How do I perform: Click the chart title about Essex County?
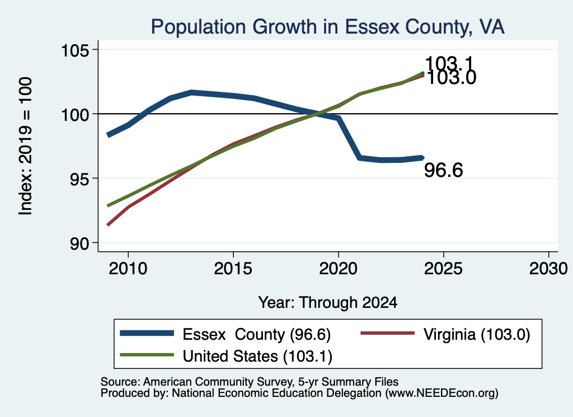pyautogui.click(x=327, y=27)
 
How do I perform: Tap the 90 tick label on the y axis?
pyautogui.click(x=80, y=243)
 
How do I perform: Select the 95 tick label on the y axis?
pyautogui.click(x=80, y=179)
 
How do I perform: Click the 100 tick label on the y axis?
pyautogui.click(x=76, y=115)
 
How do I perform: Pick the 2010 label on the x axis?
pyautogui.click(x=128, y=269)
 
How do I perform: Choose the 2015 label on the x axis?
pyautogui.click(x=233, y=269)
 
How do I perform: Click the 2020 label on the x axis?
pyautogui.click(x=338, y=269)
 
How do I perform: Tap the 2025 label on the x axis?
pyautogui.click(x=443, y=269)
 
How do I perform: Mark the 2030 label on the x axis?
pyautogui.click(x=548, y=269)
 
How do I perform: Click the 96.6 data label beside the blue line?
pyautogui.click(x=444, y=170)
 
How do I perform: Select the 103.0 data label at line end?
pyautogui.click(x=452, y=78)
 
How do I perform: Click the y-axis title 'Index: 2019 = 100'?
pyautogui.click(x=26, y=146)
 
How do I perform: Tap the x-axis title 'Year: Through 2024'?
pyautogui.click(x=328, y=303)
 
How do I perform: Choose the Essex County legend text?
pyautogui.click(x=256, y=334)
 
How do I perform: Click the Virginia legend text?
pyautogui.click(x=477, y=334)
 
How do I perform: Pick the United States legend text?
pyautogui.click(x=257, y=356)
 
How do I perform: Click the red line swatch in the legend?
pyautogui.click(x=387, y=333)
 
